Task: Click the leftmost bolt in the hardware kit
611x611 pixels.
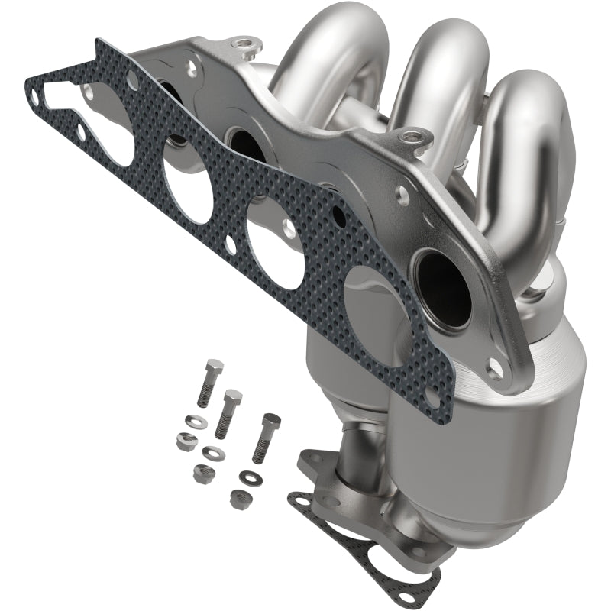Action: [x=209, y=382]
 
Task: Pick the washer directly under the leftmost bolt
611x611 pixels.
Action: [x=195, y=420]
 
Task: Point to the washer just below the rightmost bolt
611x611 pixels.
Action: [x=247, y=478]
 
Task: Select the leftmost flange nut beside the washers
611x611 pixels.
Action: [x=184, y=439]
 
